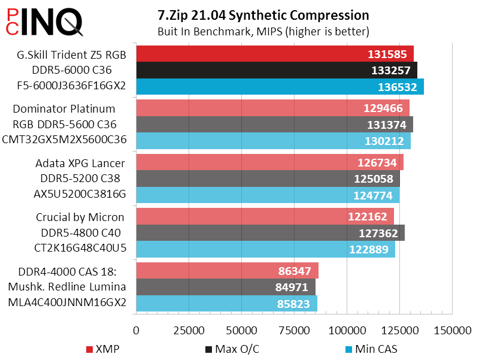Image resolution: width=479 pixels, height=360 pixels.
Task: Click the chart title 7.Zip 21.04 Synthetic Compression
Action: tap(263, 14)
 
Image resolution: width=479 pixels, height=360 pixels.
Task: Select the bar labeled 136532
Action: tap(280, 87)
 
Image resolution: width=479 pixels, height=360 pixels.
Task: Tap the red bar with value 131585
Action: tap(275, 54)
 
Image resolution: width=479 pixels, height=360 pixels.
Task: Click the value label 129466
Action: tap(384, 108)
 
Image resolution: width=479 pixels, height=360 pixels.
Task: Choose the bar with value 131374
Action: tap(274, 125)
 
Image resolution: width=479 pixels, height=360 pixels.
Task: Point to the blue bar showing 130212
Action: tap(273, 141)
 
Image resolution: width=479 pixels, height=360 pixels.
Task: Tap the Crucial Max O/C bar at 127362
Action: tap(270, 233)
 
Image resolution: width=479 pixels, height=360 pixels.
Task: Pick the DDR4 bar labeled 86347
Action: tap(227, 271)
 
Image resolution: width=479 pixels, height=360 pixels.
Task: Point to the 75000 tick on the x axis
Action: tap(294, 330)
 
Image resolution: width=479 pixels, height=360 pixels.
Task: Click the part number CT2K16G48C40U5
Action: tap(67, 248)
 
